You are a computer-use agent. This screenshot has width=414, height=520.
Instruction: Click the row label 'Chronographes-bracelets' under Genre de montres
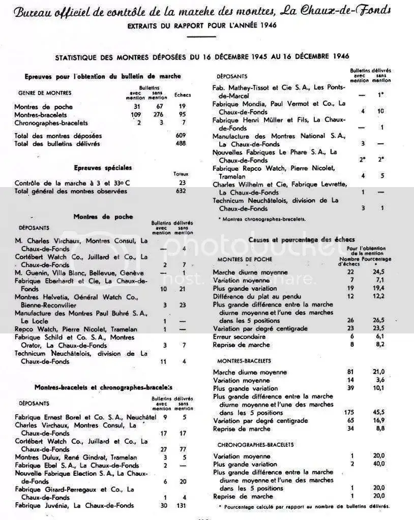(51, 123)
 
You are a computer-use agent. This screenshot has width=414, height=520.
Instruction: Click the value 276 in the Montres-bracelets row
(154, 115)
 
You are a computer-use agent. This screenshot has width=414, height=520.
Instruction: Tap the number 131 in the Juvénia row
(179, 505)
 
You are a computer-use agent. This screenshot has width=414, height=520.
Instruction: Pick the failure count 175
(349, 413)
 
